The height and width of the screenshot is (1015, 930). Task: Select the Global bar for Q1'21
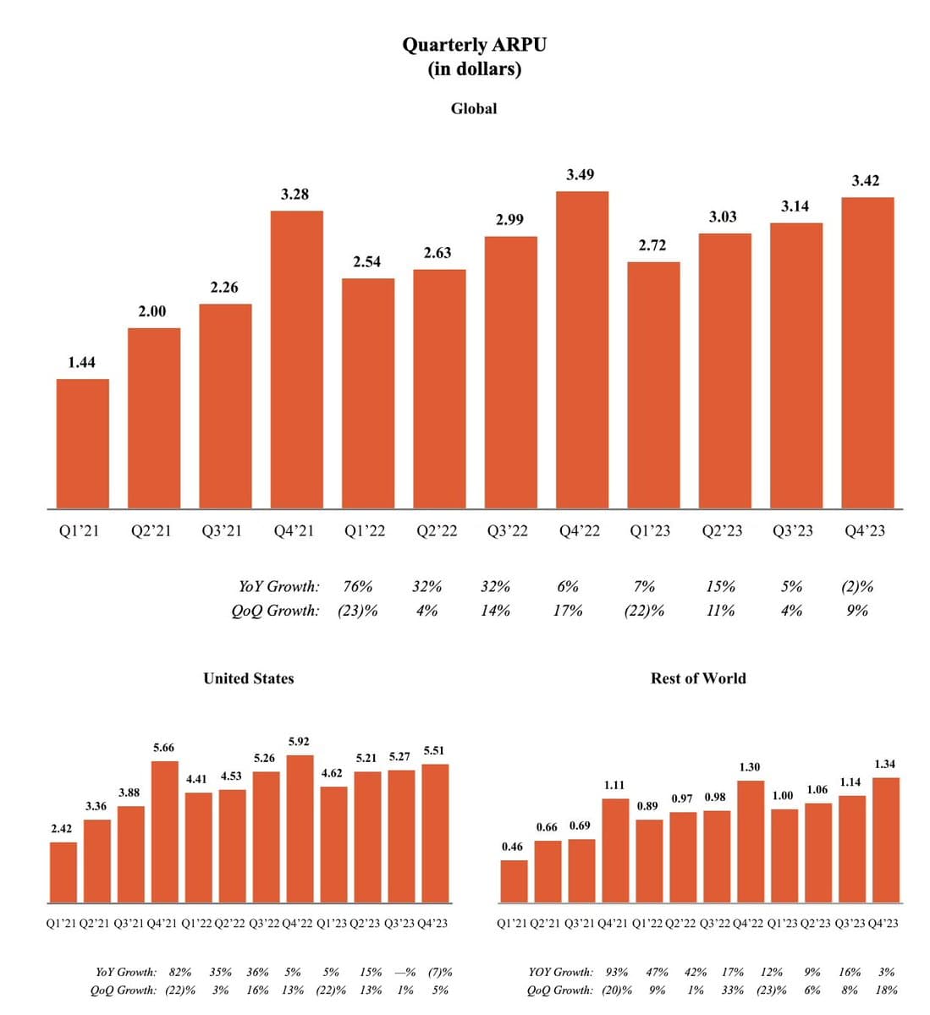(82, 443)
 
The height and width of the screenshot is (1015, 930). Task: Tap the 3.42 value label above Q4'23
(866, 180)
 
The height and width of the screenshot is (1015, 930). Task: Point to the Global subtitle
(474, 108)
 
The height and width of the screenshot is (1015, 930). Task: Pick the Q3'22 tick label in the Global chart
(508, 531)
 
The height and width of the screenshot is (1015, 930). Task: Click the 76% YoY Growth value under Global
(358, 586)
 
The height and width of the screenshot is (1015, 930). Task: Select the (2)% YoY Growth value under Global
(857, 586)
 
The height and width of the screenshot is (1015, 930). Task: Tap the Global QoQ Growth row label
(275, 611)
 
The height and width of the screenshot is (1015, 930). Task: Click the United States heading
(249, 678)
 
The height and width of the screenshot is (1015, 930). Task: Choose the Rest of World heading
(698, 678)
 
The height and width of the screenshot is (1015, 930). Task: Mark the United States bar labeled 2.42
(63, 871)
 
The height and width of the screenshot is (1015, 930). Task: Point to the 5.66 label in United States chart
(163, 748)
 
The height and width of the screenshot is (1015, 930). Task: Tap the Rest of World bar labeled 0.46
(514, 881)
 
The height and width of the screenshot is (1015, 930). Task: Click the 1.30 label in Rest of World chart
(749, 767)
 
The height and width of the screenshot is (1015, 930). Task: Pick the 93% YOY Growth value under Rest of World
(617, 973)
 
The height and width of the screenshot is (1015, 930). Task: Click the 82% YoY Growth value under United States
(179, 973)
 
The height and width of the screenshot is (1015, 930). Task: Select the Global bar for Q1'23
(653, 385)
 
